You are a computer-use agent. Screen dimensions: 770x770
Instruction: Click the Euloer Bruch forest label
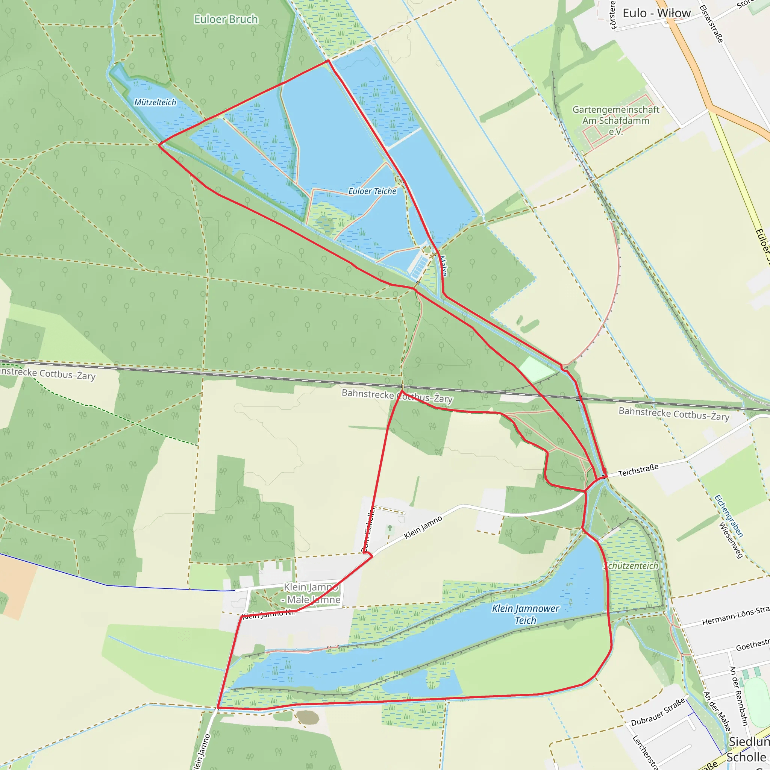pyautogui.click(x=226, y=20)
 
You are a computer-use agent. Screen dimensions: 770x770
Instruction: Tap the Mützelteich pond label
pyautogui.click(x=155, y=102)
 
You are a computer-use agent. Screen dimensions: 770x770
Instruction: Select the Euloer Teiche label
pyautogui.click(x=372, y=191)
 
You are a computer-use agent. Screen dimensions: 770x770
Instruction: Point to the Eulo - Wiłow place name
pyautogui.click(x=656, y=13)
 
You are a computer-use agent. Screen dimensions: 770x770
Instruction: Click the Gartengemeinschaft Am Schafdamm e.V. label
pyautogui.click(x=616, y=120)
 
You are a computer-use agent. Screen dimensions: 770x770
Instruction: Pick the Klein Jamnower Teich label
pyautogui.click(x=525, y=614)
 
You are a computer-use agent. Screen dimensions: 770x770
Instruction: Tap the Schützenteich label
pyautogui.click(x=631, y=566)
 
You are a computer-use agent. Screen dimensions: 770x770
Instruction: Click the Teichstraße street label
pyautogui.click(x=638, y=470)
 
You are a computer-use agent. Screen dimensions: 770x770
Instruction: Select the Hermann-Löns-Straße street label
pyautogui.click(x=735, y=616)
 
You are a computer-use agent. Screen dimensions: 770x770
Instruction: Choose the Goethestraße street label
pyautogui.click(x=752, y=645)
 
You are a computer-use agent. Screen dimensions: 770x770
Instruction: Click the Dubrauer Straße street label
pyautogui.click(x=658, y=711)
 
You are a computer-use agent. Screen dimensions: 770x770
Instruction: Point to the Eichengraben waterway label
pyautogui.click(x=729, y=516)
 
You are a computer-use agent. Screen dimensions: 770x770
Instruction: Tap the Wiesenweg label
pyautogui.click(x=731, y=540)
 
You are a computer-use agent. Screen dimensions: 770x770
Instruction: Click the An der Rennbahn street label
pyautogui.click(x=738, y=696)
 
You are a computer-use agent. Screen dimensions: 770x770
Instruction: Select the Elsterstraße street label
pyautogui.click(x=711, y=24)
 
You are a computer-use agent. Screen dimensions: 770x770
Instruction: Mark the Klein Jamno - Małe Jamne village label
pyautogui.click(x=311, y=593)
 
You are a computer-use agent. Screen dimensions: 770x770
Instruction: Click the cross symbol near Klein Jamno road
pyautogui.click(x=390, y=528)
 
